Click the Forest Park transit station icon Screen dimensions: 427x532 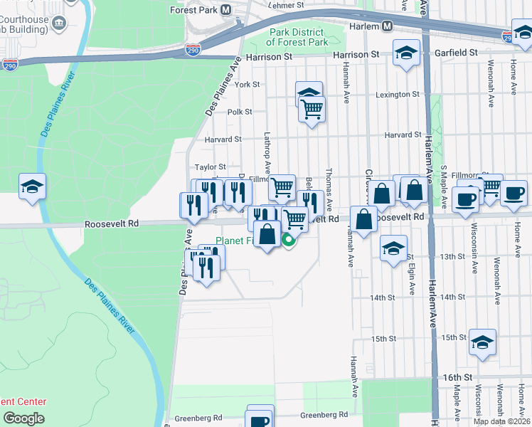[x=226, y=10]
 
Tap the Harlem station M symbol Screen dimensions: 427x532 [x=388, y=26]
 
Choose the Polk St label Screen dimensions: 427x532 [x=240, y=112]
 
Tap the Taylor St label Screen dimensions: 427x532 [x=211, y=167]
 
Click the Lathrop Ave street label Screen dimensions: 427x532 [x=267, y=152]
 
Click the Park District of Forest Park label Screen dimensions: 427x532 [x=297, y=38]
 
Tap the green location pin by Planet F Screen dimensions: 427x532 [x=289, y=241]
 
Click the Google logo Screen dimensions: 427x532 [x=23, y=418]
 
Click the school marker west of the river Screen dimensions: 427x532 [x=32, y=186]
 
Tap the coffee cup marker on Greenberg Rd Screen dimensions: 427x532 [x=259, y=420]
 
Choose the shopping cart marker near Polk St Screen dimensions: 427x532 [x=312, y=110]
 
